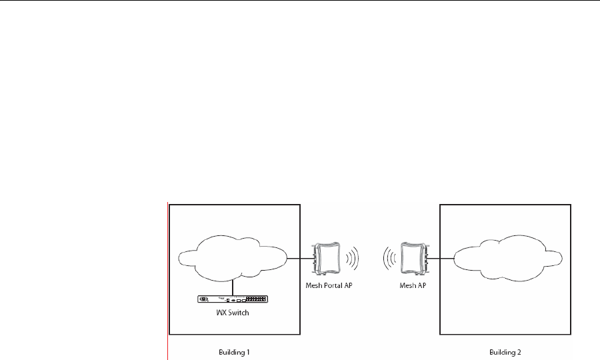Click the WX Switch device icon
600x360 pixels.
pos(233,299)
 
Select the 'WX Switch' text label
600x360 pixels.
pos(233,313)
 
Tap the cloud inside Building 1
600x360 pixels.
pos(231,255)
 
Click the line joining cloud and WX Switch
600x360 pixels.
pos(232,285)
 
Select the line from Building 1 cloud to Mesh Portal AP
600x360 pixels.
pos(300,258)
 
